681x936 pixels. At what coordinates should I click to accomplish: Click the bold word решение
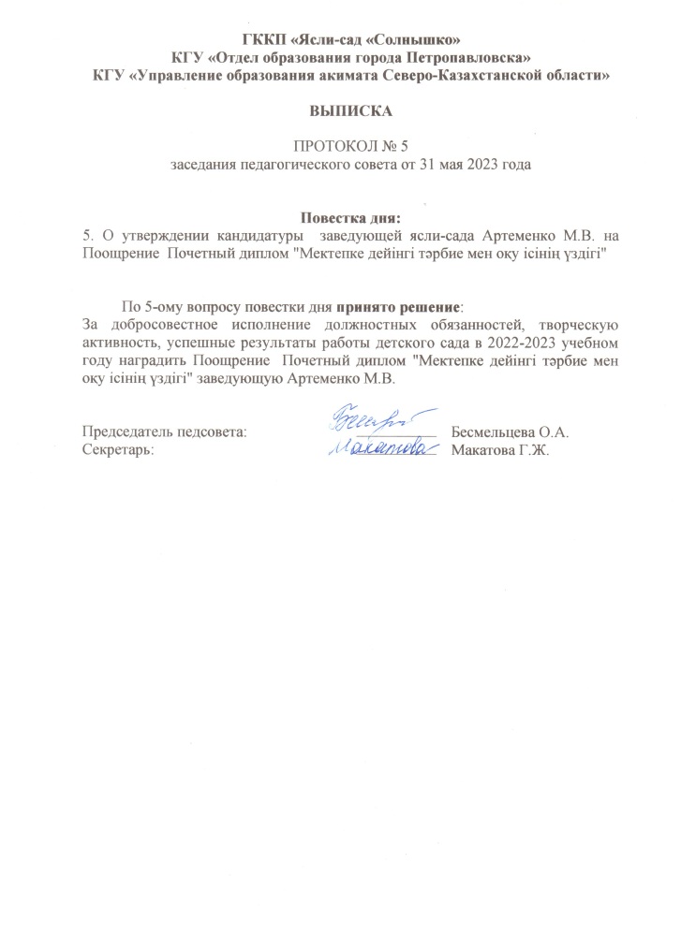click(427, 307)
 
